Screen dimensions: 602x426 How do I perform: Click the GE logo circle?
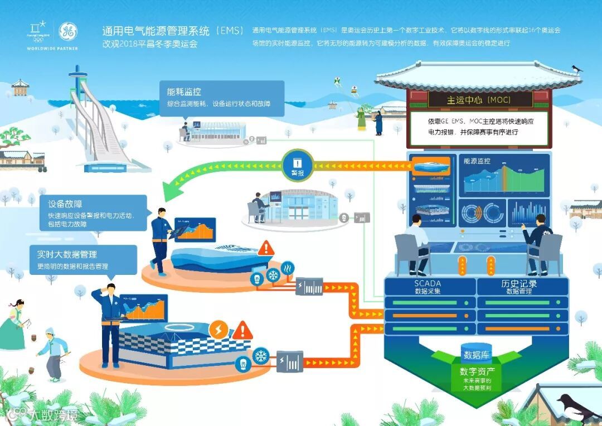[x=68, y=31]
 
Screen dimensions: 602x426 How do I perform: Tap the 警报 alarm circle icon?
[x=297, y=165]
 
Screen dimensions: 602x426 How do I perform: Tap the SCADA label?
[x=428, y=283]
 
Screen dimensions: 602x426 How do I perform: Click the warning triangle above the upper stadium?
[x=266, y=247]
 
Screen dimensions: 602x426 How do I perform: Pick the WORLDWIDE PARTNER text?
[x=52, y=49]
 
